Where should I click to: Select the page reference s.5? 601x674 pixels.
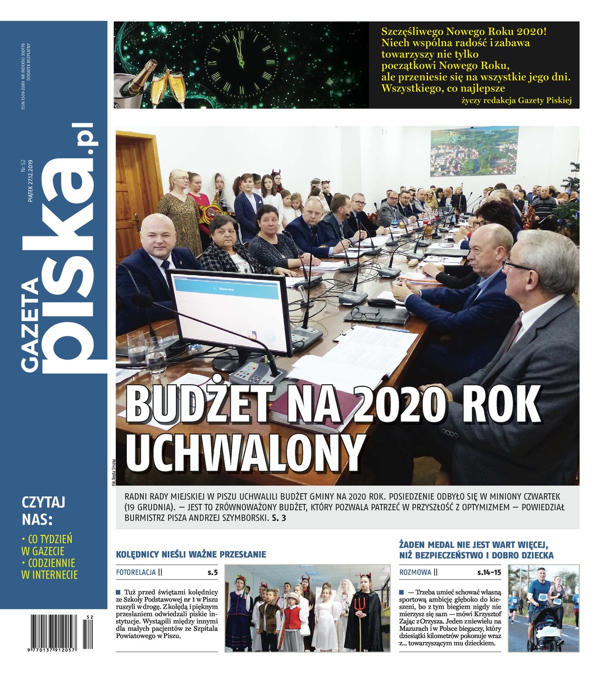(x=212, y=573)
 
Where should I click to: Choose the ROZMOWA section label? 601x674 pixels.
(x=416, y=573)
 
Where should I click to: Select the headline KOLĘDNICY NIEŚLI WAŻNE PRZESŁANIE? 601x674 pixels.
(x=190, y=554)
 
